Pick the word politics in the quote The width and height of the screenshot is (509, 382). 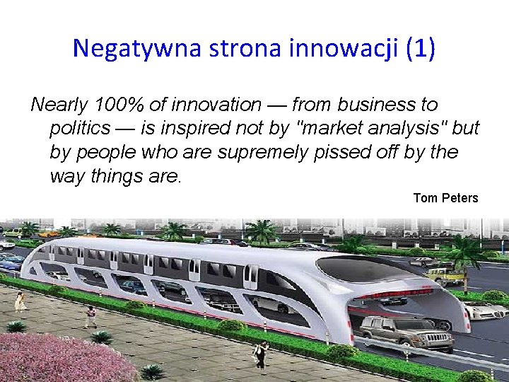click(80, 129)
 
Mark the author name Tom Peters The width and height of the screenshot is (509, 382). click(445, 198)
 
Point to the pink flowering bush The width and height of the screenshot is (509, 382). click(64, 357)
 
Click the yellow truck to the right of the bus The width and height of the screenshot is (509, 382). click(444, 276)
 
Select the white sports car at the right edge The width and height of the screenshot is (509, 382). click(486, 310)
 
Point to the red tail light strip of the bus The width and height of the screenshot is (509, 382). click(396, 292)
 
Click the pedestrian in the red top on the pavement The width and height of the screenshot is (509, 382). click(90, 316)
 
